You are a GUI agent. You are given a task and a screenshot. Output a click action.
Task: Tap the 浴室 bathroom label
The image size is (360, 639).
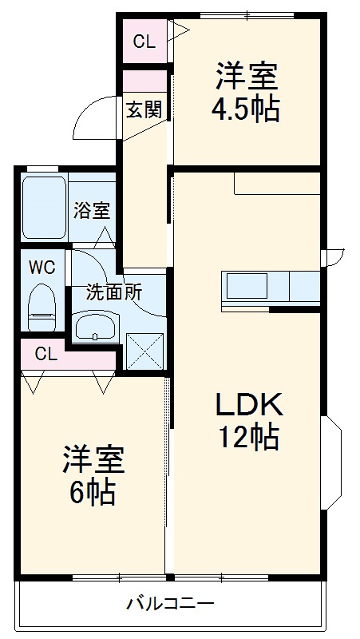tap(93, 211)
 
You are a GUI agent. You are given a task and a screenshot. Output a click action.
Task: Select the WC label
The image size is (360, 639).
tap(42, 268)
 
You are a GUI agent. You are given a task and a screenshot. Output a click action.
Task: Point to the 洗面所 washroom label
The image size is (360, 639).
tap(114, 292)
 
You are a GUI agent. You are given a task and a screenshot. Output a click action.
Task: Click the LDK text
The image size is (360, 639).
tap(248, 405)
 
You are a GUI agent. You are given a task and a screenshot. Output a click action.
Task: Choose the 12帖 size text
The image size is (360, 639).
tap(248, 437)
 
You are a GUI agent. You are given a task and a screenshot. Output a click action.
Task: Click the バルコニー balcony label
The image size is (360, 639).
tap(170, 604)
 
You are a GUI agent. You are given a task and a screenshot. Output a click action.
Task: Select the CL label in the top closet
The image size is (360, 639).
tap(144, 42)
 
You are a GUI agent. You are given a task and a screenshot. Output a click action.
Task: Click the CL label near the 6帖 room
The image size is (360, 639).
tap(46, 355)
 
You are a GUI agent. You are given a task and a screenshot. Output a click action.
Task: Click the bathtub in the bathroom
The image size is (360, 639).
tap(43, 208)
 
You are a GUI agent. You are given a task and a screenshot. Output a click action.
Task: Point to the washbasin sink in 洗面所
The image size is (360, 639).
tap(96, 325)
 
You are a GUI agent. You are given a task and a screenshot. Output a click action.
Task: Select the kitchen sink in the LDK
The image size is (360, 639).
tap(246, 285)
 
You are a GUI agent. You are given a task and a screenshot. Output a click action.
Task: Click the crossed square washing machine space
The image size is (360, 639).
tap(144, 349)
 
